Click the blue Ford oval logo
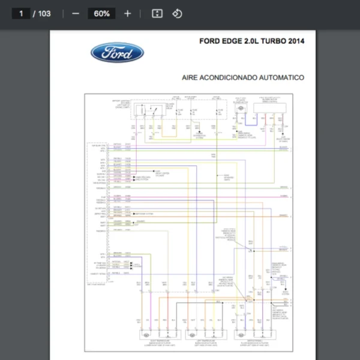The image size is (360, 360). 117,53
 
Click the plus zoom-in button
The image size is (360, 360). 127,14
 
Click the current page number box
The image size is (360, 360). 21,14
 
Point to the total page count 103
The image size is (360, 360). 44,14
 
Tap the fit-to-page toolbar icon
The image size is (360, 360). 157,14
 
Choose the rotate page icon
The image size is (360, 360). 177,14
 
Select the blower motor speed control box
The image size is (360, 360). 269,108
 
